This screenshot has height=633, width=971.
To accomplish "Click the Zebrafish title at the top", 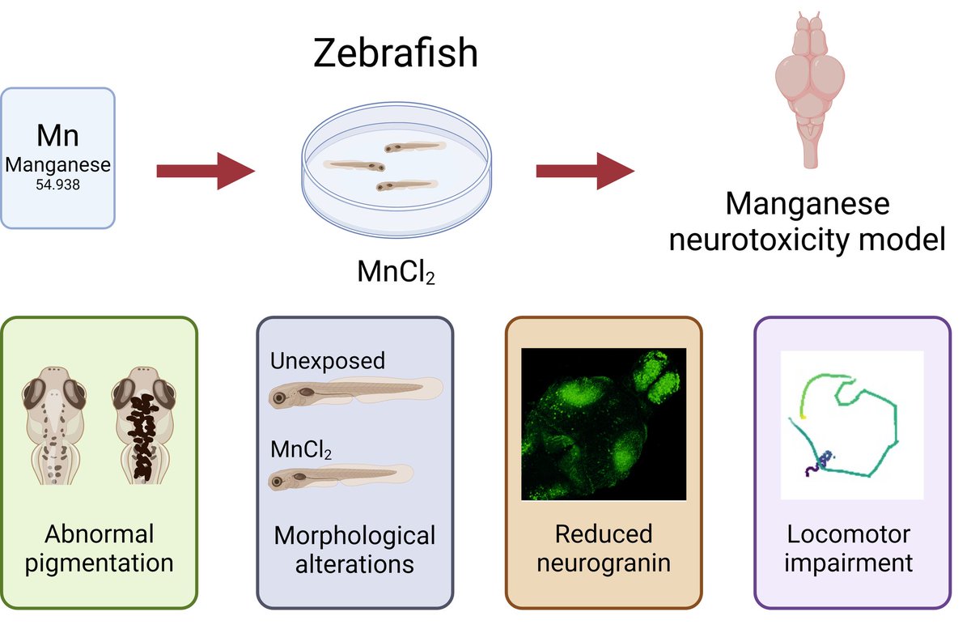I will point(396,54).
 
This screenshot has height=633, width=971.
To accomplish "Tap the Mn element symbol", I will point(57,134).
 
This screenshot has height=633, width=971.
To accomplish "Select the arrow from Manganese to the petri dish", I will point(205,171).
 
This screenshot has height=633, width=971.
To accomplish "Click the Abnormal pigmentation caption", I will point(99,548).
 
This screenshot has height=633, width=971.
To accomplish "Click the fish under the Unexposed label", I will point(355,394).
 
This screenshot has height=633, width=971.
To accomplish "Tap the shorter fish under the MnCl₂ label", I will point(340,479).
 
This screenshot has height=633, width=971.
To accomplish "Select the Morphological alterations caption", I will point(354,549).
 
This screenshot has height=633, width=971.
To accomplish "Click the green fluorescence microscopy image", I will point(604,423).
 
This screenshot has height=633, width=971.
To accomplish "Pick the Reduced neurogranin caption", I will point(604,548).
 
